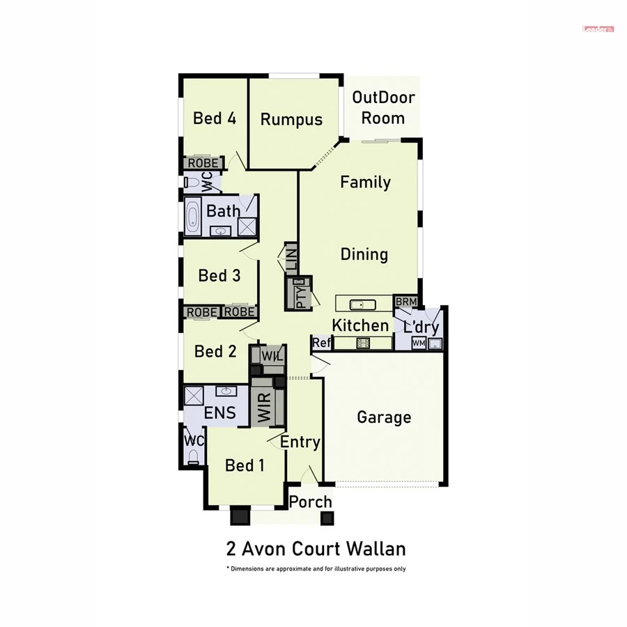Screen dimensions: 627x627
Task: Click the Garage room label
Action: pyautogui.click(x=384, y=417)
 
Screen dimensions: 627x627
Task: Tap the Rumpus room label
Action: pyautogui.click(x=291, y=119)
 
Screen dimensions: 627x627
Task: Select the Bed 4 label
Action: pyautogui.click(x=215, y=118)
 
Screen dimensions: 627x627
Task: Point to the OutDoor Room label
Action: pyautogui.click(x=383, y=107)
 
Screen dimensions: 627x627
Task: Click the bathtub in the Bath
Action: pyautogui.click(x=193, y=216)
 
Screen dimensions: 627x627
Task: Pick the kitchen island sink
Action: pyautogui.click(x=362, y=304)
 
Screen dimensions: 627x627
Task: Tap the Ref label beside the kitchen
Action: pyautogui.click(x=321, y=342)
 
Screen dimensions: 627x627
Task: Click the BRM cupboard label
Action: pyautogui.click(x=405, y=301)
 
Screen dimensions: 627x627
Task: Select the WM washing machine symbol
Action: pyautogui.click(x=419, y=343)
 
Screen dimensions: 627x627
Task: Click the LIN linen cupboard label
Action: pyautogui.click(x=291, y=257)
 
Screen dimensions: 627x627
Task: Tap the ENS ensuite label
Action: pyautogui.click(x=219, y=413)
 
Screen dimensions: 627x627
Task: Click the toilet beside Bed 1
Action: pyautogui.click(x=193, y=457)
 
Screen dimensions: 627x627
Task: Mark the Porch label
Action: pyautogui.click(x=311, y=502)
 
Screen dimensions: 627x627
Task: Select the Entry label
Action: pyautogui.click(x=300, y=442)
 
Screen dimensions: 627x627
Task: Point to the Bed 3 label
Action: pyautogui.click(x=219, y=275)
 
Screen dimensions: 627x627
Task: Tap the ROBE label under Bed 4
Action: pyautogui.click(x=203, y=163)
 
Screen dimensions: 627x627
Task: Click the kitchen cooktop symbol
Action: pyautogui.click(x=363, y=342)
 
